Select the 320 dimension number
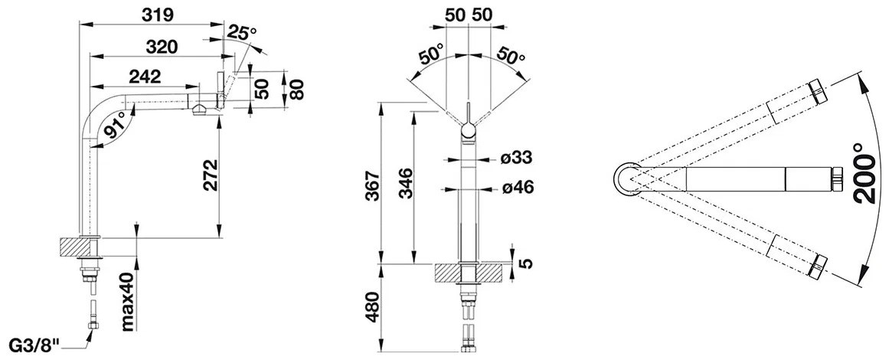[x=161, y=47]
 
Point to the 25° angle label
[x=241, y=33]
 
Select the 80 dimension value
[x=296, y=89]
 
